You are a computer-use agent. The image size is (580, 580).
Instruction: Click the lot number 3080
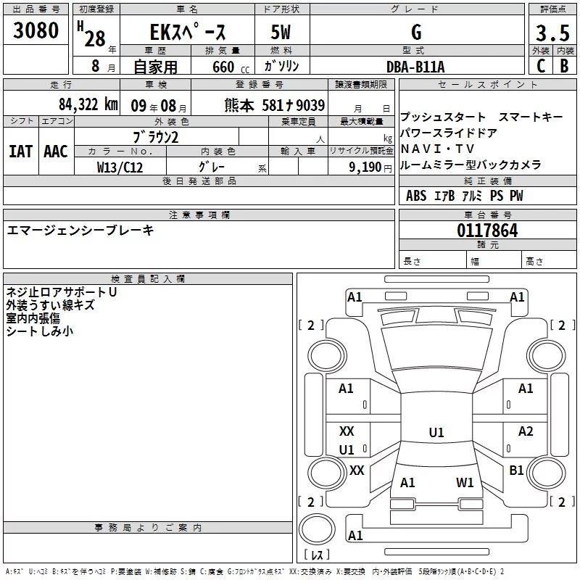tap(36, 31)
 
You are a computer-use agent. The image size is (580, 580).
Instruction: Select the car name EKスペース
tap(187, 33)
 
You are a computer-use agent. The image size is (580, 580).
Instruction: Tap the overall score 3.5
tap(552, 33)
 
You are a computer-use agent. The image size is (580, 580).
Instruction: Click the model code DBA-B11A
tap(415, 67)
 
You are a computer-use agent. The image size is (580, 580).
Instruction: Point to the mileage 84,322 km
tap(88, 104)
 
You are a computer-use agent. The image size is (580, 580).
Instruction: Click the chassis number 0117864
tap(487, 231)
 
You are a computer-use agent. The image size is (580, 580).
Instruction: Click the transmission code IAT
tap(20, 152)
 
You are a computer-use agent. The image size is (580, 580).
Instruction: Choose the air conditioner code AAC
tap(56, 152)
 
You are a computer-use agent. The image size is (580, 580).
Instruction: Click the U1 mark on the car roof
tap(436, 433)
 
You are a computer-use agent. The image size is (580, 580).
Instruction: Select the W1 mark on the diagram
tap(465, 482)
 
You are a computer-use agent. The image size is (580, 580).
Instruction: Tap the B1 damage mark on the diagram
tap(516, 471)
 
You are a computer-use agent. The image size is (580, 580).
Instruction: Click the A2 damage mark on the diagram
tap(526, 431)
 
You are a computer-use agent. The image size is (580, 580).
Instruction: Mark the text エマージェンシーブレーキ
tap(80, 230)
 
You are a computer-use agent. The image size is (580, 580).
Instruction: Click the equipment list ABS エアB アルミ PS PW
tap(464, 196)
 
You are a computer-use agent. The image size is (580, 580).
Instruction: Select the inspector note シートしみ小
tap(39, 331)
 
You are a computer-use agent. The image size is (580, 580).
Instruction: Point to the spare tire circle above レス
tap(316, 529)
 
